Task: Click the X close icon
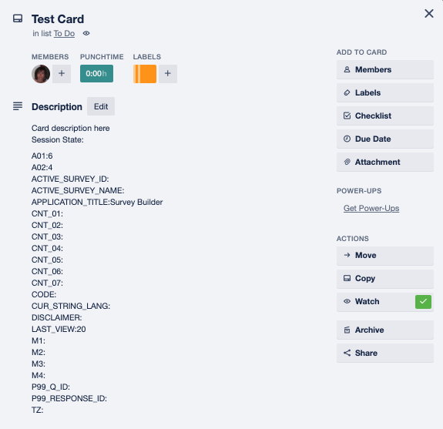pyautogui.click(x=429, y=13)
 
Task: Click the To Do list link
pyautogui.click(x=64, y=33)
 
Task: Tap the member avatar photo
pyautogui.click(x=41, y=74)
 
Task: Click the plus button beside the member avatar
pyautogui.click(x=62, y=74)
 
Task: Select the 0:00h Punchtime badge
pyautogui.click(x=96, y=74)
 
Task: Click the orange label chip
pyautogui.click(x=145, y=74)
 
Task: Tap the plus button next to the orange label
pyautogui.click(x=168, y=74)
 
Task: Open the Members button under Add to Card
pyautogui.click(x=384, y=69)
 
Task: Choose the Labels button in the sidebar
pyautogui.click(x=384, y=92)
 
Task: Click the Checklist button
pyautogui.click(x=384, y=116)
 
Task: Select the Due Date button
pyautogui.click(x=384, y=139)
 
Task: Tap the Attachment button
pyautogui.click(x=384, y=162)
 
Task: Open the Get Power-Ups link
pyautogui.click(x=371, y=208)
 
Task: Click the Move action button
pyautogui.click(x=384, y=256)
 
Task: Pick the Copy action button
pyautogui.click(x=384, y=279)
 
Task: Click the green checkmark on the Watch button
pyautogui.click(x=423, y=302)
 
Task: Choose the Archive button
pyautogui.click(x=384, y=330)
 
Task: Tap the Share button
pyautogui.click(x=384, y=353)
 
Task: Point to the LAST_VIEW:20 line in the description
pyautogui.click(x=59, y=330)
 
